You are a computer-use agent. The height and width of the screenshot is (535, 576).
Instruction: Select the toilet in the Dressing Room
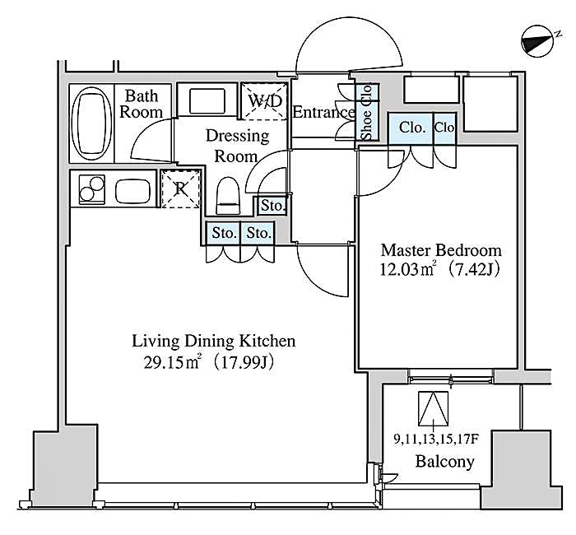(x=227, y=196)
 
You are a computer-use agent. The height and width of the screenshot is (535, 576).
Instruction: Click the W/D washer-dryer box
(x=267, y=102)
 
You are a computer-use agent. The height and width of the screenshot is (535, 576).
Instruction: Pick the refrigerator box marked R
(x=179, y=188)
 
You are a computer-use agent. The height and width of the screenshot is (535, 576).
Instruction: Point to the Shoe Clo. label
(x=367, y=113)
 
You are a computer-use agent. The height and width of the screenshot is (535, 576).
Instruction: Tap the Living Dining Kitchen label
(x=213, y=341)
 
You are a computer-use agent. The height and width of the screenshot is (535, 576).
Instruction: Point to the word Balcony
(x=444, y=461)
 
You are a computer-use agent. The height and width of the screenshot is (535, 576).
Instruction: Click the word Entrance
(x=323, y=113)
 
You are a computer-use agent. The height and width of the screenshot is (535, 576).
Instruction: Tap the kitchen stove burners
(x=88, y=191)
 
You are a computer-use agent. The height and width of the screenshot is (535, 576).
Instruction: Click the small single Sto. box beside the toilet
(x=272, y=205)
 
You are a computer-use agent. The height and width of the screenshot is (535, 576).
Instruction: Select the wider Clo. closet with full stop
(x=412, y=128)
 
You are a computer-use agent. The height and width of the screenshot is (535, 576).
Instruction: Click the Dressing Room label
(x=237, y=144)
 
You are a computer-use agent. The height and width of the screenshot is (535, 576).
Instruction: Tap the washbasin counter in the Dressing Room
(x=202, y=101)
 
